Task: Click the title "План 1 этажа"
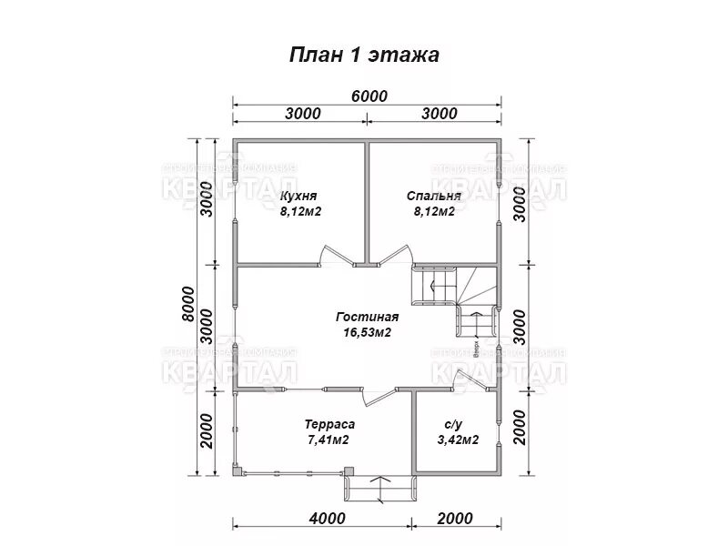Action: [364, 55]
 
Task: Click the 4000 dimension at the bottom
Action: [327, 519]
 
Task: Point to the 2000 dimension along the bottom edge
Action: [455, 519]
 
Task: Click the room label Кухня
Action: [298, 196]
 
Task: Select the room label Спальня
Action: [433, 196]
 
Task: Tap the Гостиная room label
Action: [367, 317]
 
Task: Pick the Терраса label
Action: [328, 424]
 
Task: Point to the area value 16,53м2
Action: [367, 333]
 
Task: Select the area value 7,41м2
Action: [328, 440]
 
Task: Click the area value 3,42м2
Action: [458, 440]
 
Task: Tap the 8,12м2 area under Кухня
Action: [301, 212]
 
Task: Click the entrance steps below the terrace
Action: [378, 490]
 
